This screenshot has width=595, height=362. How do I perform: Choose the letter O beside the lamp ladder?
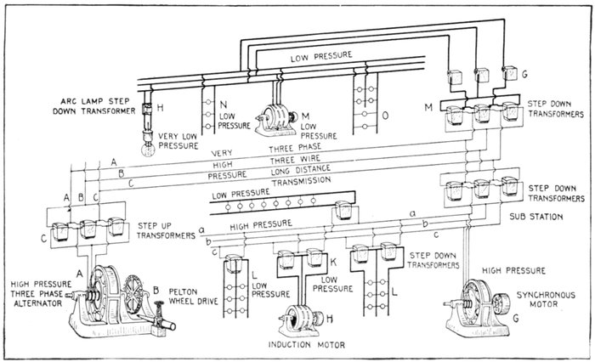(388, 114)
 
